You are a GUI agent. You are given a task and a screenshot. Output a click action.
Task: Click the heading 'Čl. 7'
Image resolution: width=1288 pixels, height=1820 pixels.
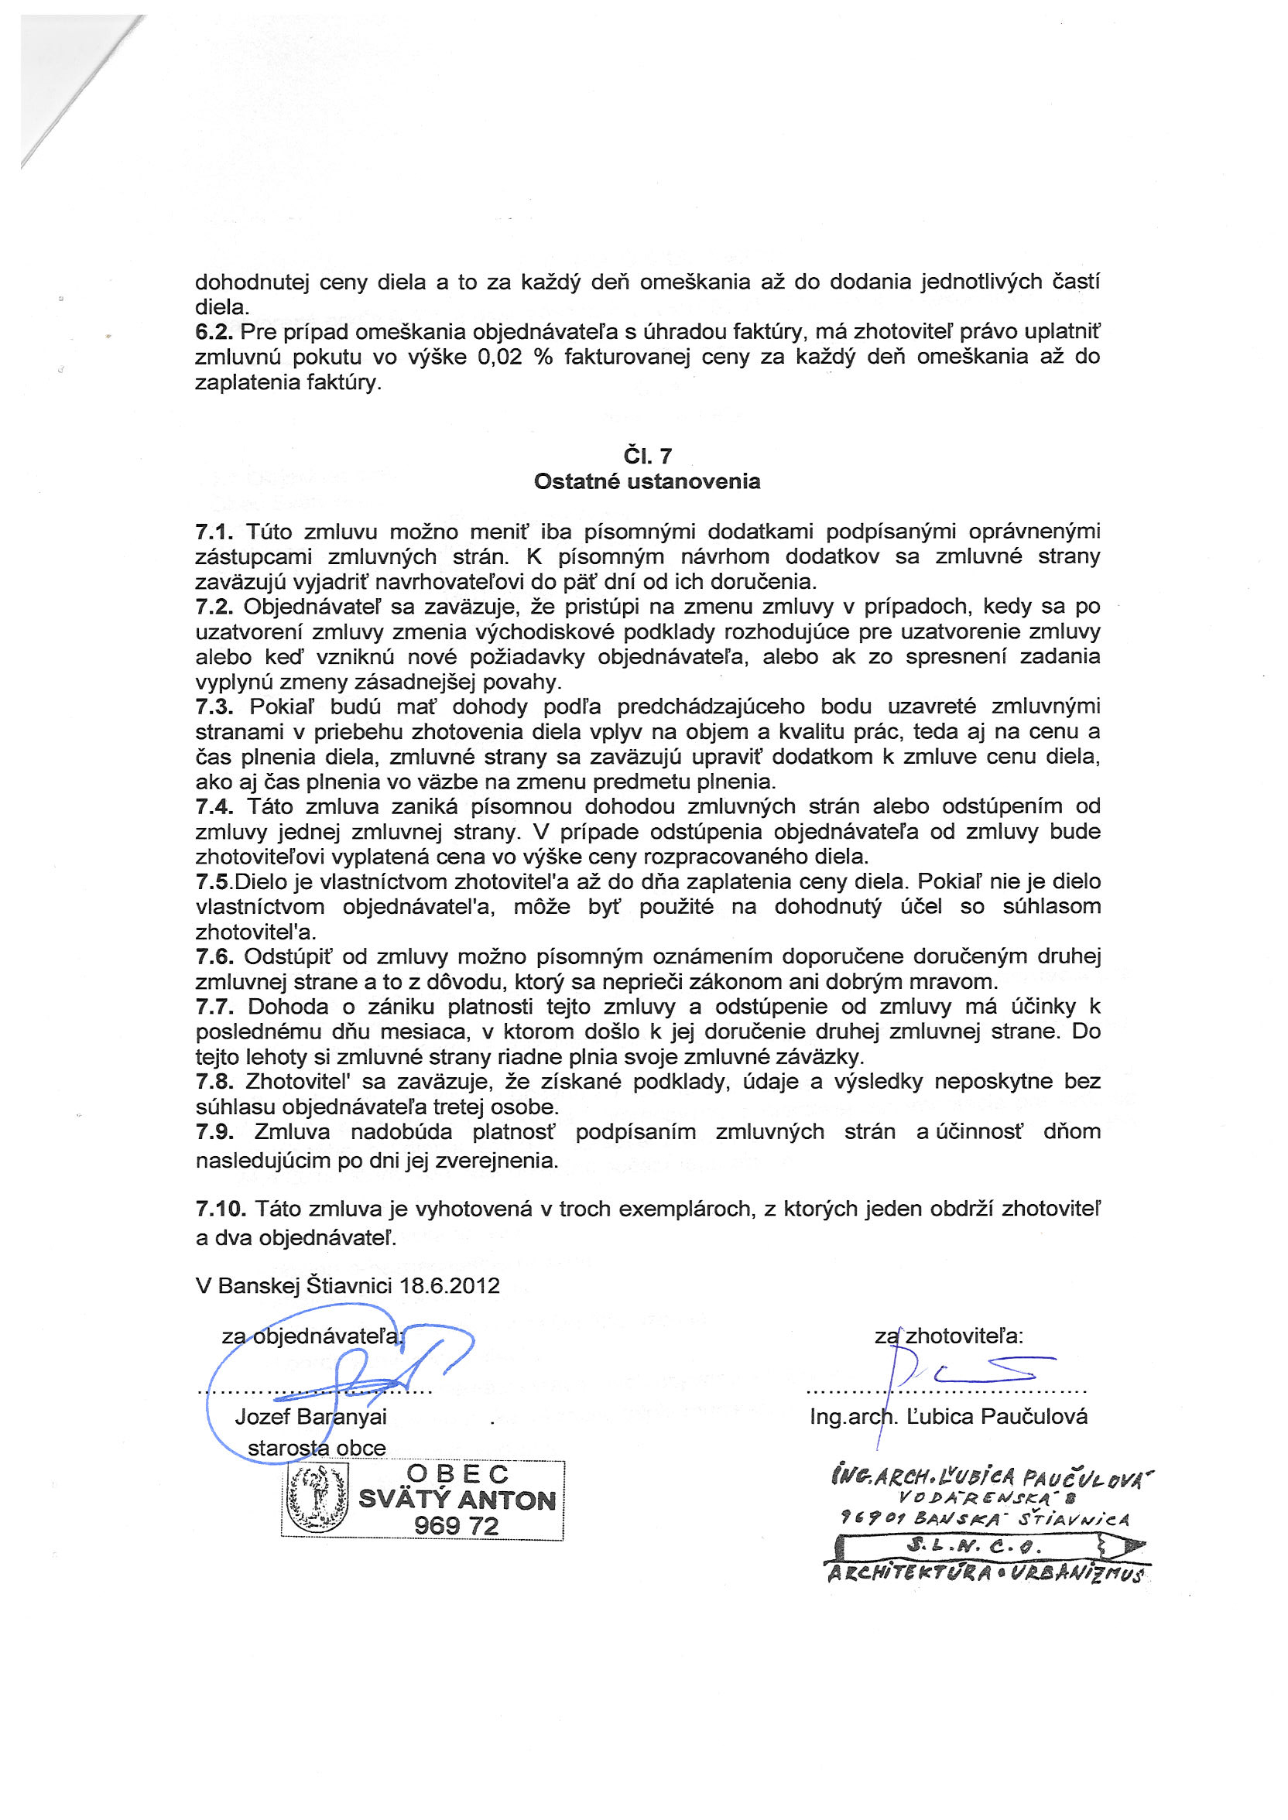coord(647,456)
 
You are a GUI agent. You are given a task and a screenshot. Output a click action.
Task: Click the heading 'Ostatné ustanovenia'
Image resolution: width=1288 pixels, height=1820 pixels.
coord(646,481)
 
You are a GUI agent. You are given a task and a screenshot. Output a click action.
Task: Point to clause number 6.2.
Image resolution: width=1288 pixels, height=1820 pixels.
coord(214,331)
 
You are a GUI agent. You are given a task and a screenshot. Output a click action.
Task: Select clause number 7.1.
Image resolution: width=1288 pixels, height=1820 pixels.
coord(214,531)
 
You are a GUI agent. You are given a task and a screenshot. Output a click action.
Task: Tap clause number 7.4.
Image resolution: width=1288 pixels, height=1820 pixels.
coord(214,806)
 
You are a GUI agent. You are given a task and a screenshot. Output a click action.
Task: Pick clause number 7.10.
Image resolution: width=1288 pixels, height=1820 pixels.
coord(221,1209)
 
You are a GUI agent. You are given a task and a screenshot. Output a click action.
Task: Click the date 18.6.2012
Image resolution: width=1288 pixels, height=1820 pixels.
coord(450,1286)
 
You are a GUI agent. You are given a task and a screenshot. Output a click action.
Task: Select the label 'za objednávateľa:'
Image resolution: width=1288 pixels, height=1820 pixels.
coord(313,1336)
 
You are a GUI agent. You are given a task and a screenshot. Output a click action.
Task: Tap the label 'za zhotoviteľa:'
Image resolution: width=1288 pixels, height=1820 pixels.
coord(948,1336)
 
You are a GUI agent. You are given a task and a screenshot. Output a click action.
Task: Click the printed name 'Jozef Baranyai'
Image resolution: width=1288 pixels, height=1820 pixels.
coord(311,1417)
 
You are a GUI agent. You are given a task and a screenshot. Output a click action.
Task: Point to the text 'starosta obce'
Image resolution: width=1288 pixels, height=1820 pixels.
coord(317,1448)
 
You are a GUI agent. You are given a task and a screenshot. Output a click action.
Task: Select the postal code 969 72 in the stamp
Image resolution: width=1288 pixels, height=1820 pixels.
coord(456,1526)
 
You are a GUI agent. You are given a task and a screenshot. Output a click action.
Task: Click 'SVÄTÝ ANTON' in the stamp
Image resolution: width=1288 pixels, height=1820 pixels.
coord(457,1500)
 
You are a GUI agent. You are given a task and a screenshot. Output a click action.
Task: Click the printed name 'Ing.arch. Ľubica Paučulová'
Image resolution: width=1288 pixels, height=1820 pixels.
coord(948,1417)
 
